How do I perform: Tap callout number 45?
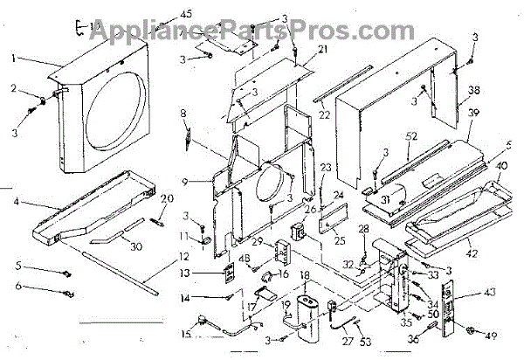pos(186,13)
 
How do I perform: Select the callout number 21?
pos(299,51)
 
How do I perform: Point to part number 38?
pos(473,90)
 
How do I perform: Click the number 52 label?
pos(410,136)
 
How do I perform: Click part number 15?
pos(185,333)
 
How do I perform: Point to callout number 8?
pos(183,114)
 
